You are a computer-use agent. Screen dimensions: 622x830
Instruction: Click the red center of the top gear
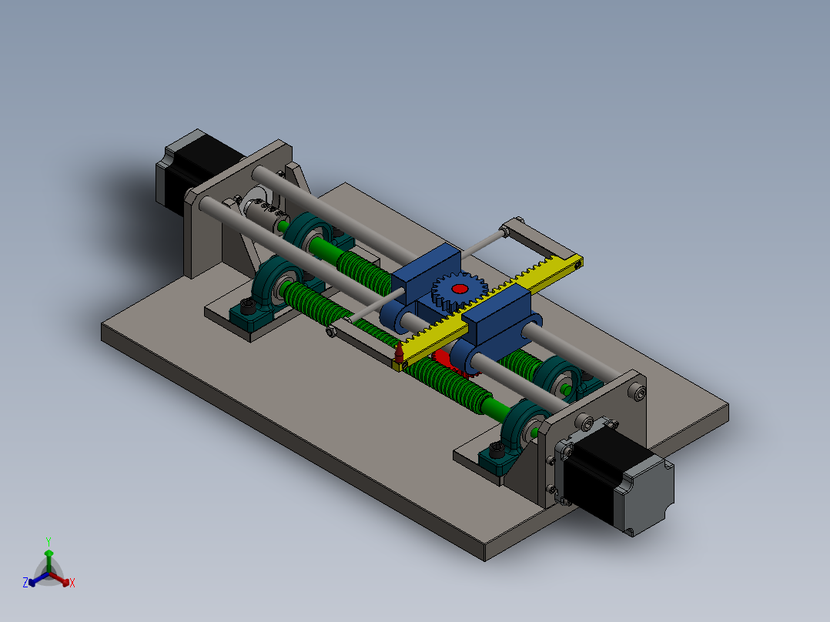[460, 289]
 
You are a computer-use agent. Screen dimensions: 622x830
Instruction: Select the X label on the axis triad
[72, 583]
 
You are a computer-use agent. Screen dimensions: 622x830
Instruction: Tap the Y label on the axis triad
[48, 541]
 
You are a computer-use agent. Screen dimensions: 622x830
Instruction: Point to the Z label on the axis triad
[25, 583]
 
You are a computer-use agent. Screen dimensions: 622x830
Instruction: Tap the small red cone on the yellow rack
[400, 353]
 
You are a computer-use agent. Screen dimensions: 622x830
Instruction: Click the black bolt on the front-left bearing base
[248, 306]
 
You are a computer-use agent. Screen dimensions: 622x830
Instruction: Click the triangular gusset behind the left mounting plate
[296, 185]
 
